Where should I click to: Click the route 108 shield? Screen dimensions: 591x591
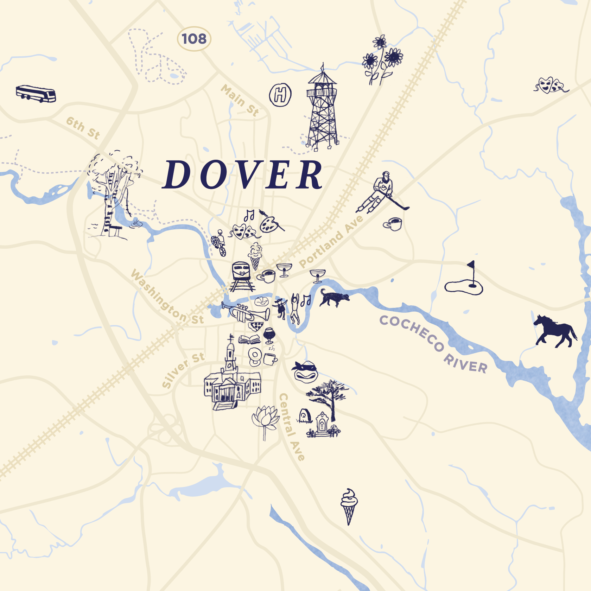pos(194,39)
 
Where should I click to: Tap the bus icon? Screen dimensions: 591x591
pos(36,94)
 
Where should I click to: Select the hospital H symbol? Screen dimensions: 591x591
pos(280,95)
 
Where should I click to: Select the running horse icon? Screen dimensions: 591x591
pos(555,331)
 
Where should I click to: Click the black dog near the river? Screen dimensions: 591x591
pos(333,298)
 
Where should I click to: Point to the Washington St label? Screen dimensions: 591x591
pos(167,297)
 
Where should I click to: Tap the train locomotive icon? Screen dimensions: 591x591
pos(242,276)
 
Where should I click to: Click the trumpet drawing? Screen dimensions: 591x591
pos(246,312)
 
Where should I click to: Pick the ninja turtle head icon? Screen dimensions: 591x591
pos(305,371)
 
